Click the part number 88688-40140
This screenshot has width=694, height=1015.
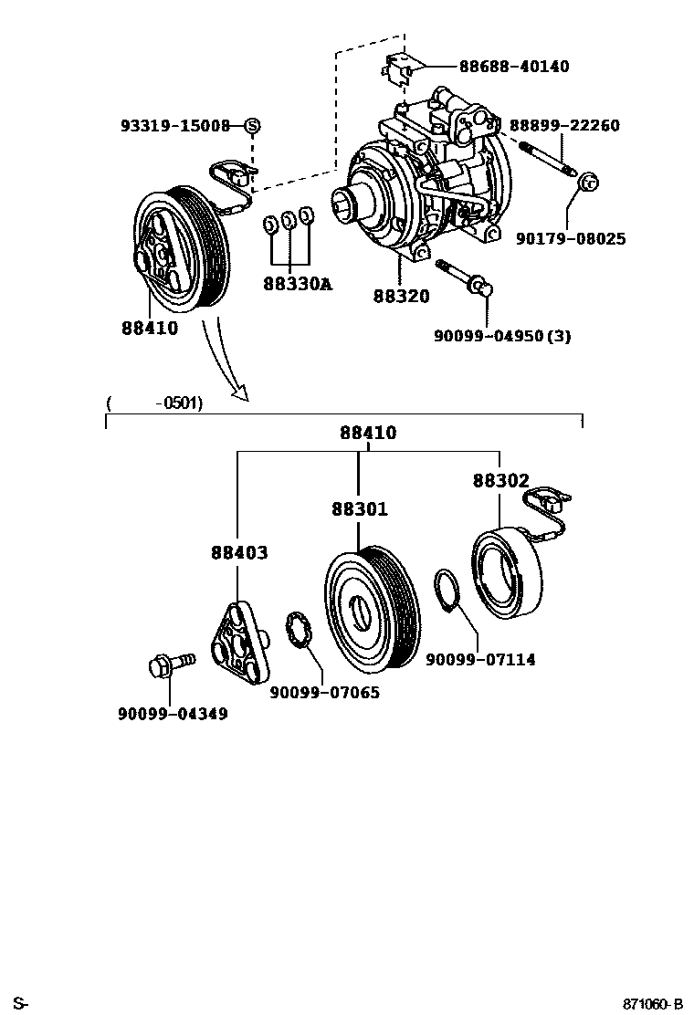click(513, 67)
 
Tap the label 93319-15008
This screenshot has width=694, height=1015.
click(175, 126)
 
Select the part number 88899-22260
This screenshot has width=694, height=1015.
click(564, 125)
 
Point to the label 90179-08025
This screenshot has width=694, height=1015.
click(570, 239)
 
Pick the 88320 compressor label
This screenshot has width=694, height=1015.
click(401, 296)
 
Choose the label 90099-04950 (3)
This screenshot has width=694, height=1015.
click(502, 336)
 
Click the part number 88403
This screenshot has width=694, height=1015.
click(239, 553)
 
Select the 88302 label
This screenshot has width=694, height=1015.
click(500, 481)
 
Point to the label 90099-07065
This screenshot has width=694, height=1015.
click(324, 693)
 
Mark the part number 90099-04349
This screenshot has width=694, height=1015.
click(173, 714)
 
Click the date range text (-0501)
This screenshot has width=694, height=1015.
click(154, 403)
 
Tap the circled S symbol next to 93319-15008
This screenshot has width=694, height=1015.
click(252, 126)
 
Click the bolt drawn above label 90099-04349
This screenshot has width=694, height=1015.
click(170, 664)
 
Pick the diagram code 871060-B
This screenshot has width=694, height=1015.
click(653, 1005)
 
